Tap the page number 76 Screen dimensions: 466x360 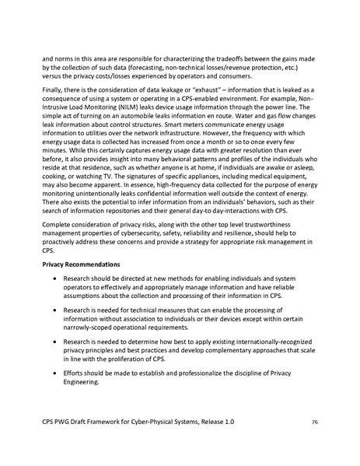[x=315, y=422]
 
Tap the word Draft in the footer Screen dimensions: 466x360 [x=92, y=422]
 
